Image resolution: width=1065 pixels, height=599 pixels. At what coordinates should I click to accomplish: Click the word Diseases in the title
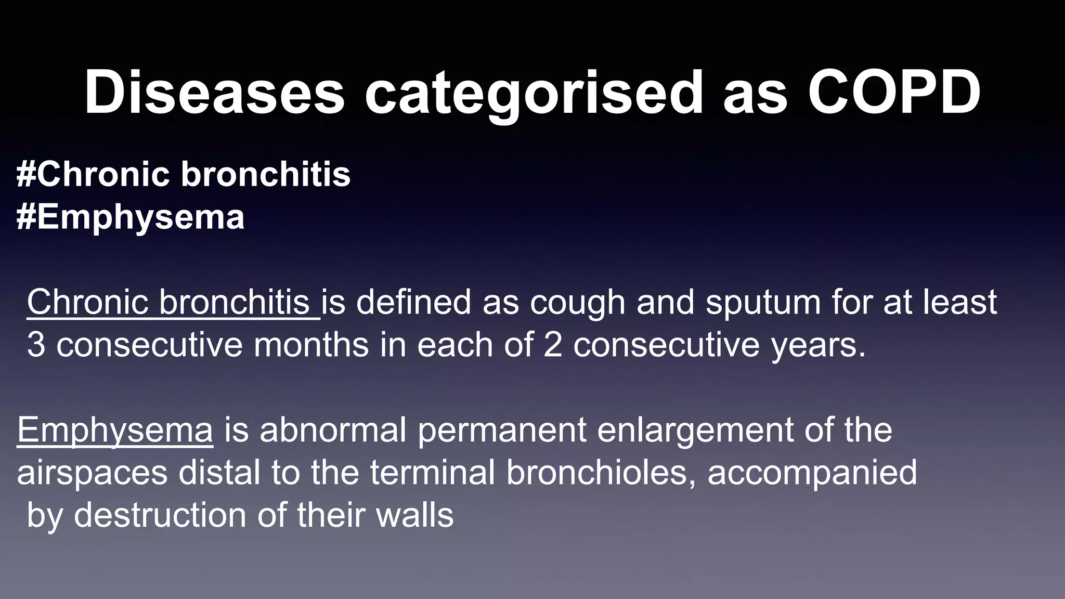[x=214, y=93]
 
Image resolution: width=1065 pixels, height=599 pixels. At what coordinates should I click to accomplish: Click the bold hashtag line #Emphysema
[x=130, y=217]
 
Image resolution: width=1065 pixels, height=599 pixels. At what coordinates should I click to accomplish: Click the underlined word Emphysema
[x=115, y=431]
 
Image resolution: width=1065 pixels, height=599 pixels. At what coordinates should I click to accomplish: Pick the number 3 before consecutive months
[x=35, y=345]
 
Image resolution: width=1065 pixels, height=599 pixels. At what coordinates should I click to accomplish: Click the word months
[x=311, y=345]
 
